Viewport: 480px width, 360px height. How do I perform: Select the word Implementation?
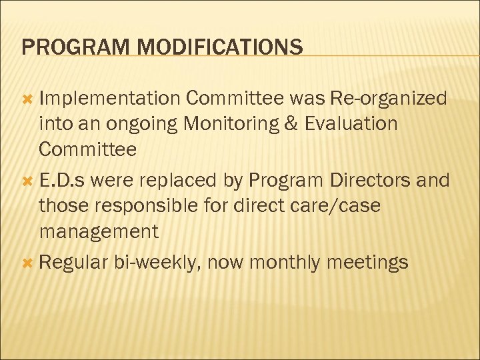(x=109, y=99)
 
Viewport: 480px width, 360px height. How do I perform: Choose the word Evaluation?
(x=347, y=123)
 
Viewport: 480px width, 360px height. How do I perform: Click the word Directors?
(x=375, y=181)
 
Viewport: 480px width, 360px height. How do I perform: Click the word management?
(x=99, y=232)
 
